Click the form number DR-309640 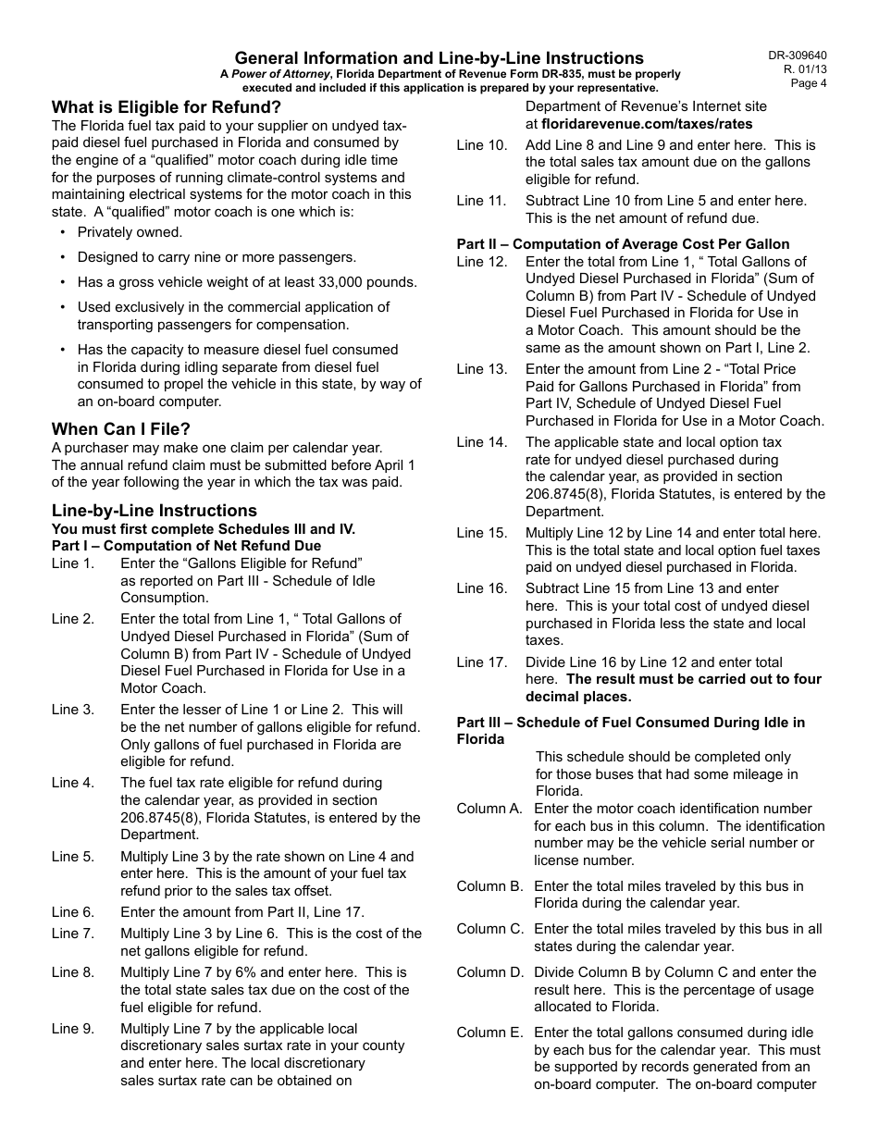(797, 56)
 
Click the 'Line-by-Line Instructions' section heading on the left (155, 511)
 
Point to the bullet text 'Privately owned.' (130, 232)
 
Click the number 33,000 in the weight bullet (344, 282)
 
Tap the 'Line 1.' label (72, 563)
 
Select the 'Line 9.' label (72, 1029)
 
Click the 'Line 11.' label (481, 201)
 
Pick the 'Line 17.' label (481, 662)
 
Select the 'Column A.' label (489, 809)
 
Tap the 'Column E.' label (489, 1033)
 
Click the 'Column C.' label (489, 929)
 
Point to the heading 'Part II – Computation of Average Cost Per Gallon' (623, 244)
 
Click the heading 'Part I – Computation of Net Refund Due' (186, 546)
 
